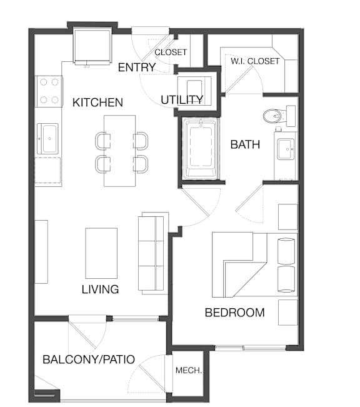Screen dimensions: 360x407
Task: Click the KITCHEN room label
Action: click(97, 103)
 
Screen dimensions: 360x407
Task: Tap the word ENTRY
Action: click(137, 68)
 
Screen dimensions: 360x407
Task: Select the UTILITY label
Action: click(182, 100)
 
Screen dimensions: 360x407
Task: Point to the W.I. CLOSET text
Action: click(255, 61)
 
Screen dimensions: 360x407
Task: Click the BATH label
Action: click(245, 144)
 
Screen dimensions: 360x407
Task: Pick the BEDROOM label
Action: click(235, 313)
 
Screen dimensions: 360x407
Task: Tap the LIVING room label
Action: click(101, 289)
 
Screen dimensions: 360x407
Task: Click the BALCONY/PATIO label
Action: click(89, 359)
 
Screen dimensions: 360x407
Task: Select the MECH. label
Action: click(189, 370)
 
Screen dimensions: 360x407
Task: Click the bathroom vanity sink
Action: click(286, 149)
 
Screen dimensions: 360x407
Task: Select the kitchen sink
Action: click(47, 139)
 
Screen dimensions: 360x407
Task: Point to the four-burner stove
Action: click(49, 91)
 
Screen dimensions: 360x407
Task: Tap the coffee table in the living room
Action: click(101, 253)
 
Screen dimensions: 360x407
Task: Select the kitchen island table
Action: click(119, 151)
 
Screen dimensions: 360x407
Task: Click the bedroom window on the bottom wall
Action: click(250, 348)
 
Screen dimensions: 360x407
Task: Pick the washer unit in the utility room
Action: click(194, 91)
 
